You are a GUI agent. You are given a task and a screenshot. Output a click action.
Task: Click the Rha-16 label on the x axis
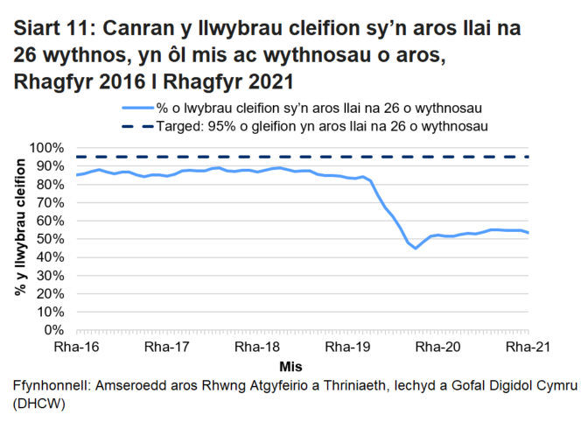[77, 347]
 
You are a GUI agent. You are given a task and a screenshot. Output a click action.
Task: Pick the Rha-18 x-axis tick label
[258, 347]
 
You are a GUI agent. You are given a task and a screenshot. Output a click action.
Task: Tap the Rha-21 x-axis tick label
[528, 347]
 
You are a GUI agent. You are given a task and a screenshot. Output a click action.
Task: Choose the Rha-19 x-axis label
[347, 347]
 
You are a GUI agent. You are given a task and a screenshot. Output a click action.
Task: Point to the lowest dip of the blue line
[416, 248]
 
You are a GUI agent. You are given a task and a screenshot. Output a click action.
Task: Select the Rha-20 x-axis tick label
[437, 347]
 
